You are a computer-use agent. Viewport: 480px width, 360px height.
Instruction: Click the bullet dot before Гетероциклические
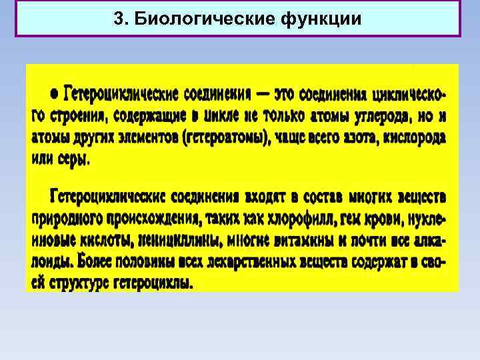point(54,93)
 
